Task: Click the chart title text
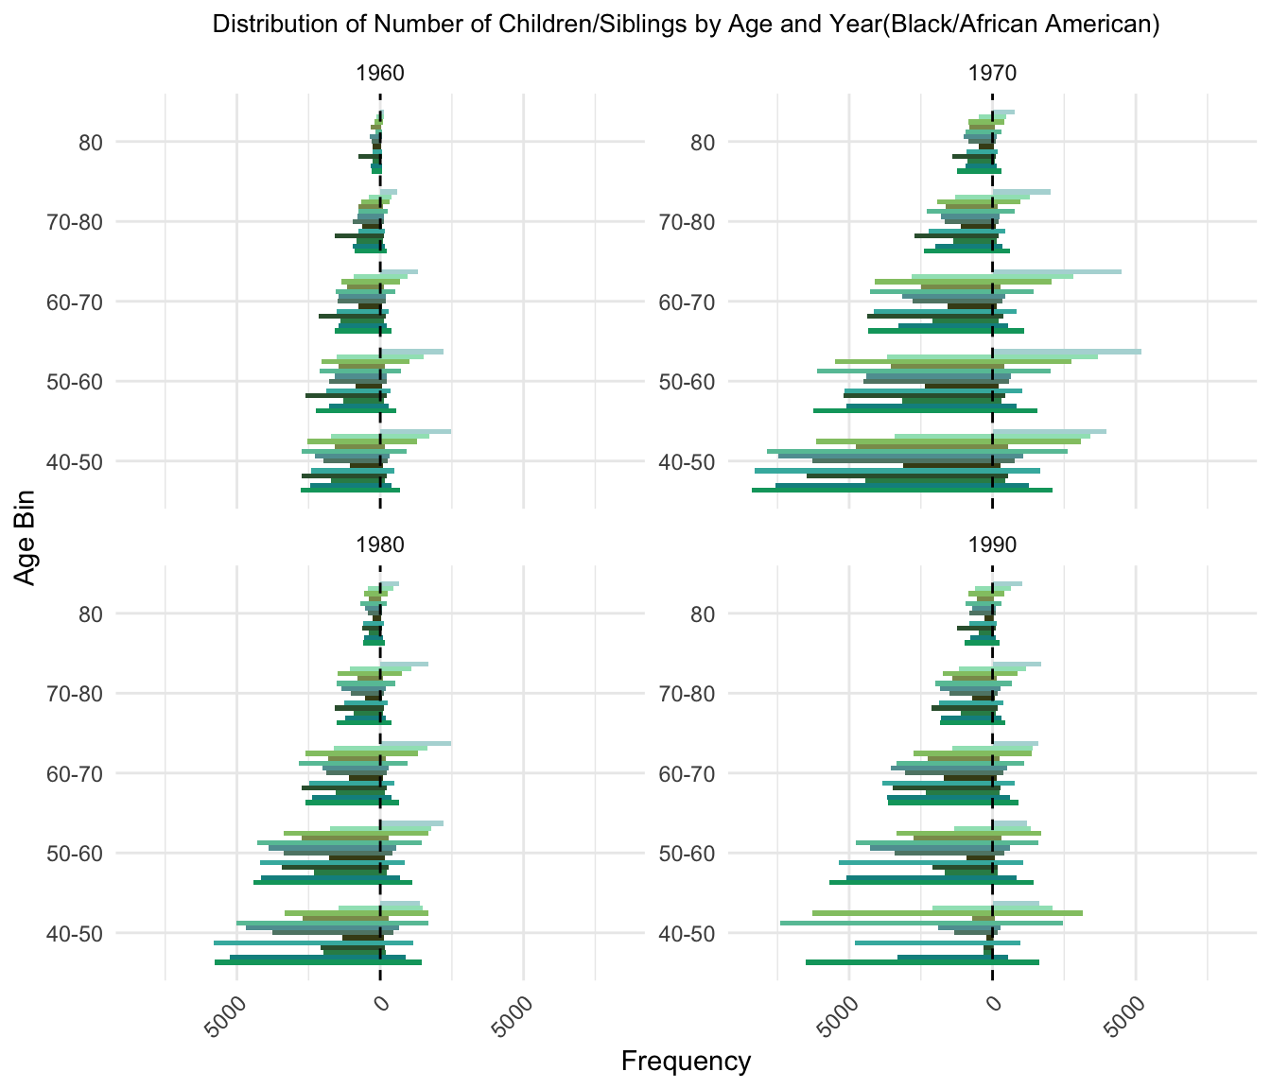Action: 686,25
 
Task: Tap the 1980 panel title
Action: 380,544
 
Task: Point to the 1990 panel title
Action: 992,544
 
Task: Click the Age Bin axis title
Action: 26,537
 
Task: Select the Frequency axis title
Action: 686,1062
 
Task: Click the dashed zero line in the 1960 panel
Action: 380,284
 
